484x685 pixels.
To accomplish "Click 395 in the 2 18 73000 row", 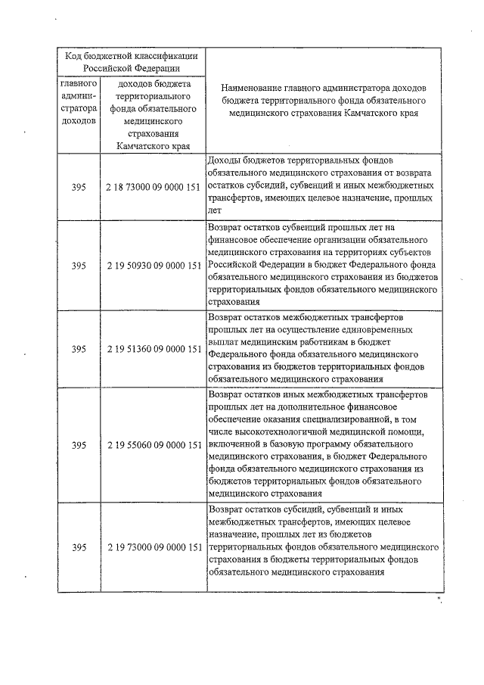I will click(x=79, y=186).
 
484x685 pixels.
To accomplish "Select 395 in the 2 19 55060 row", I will click(x=79, y=445).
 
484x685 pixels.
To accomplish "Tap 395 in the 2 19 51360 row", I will click(x=79, y=349).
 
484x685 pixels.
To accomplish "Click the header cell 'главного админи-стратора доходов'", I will click(x=79, y=101).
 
